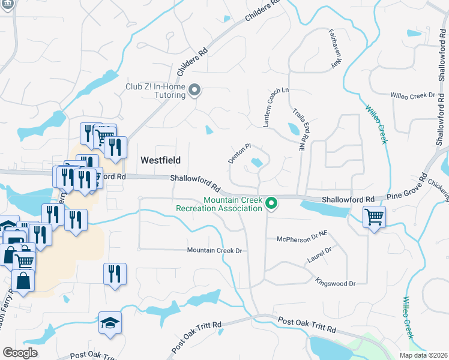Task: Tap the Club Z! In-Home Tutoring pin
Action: pyautogui.click(x=194, y=91)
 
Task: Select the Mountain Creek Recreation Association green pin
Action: pyautogui.click(x=271, y=204)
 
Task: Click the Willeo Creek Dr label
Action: pyautogui.click(x=412, y=95)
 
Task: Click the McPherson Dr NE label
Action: pyautogui.click(x=301, y=239)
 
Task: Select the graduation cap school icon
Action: pyautogui.click(x=110, y=324)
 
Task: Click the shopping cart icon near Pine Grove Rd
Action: pyautogui.click(x=374, y=216)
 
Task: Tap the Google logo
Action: pyautogui.click(x=20, y=353)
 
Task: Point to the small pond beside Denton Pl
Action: pyautogui.click(x=258, y=162)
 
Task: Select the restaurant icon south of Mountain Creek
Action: pyautogui.click(x=115, y=274)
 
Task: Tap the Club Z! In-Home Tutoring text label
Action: pyautogui.click(x=155, y=91)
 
